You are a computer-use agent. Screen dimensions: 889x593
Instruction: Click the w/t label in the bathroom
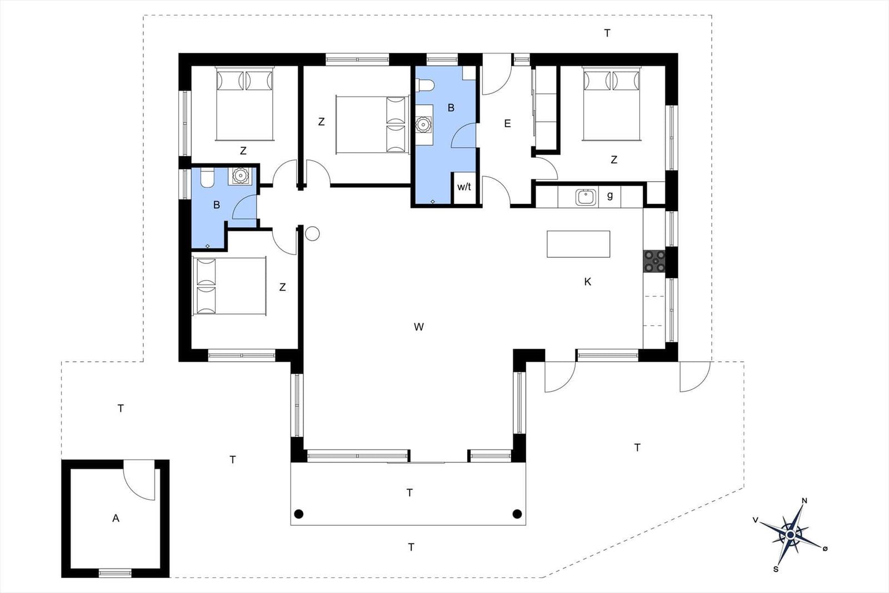tap(464, 187)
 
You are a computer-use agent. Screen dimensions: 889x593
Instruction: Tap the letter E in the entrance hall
tap(507, 124)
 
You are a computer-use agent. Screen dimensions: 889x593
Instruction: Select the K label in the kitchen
tap(588, 282)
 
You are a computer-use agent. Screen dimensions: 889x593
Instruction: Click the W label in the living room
tap(419, 327)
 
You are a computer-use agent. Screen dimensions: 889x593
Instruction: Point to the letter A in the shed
tap(116, 519)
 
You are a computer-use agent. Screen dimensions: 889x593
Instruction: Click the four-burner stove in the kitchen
tap(654, 261)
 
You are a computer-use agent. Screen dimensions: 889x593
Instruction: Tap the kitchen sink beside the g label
tap(586, 197)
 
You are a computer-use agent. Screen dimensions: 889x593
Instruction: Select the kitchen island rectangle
tap(578, 244)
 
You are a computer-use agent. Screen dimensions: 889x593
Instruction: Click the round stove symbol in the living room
tap(312, 234)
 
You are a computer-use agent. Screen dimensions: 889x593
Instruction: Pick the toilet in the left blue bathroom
tap(207, 177)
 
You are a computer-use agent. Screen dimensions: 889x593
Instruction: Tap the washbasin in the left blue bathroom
tap(239, 176)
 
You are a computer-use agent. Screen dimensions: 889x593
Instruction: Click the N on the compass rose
tap(805, 501)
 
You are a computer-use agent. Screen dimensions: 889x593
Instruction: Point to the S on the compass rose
tap(776, 570)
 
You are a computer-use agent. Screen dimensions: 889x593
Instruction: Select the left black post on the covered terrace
tap(299, 514)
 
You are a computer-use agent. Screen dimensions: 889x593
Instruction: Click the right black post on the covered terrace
tap(517, 514)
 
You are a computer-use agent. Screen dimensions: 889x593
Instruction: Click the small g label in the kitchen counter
tap(610, 195)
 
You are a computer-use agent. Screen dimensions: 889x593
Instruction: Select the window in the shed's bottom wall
tap(114, 573)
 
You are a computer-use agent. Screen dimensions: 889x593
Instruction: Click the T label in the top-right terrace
tap(607, 33)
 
